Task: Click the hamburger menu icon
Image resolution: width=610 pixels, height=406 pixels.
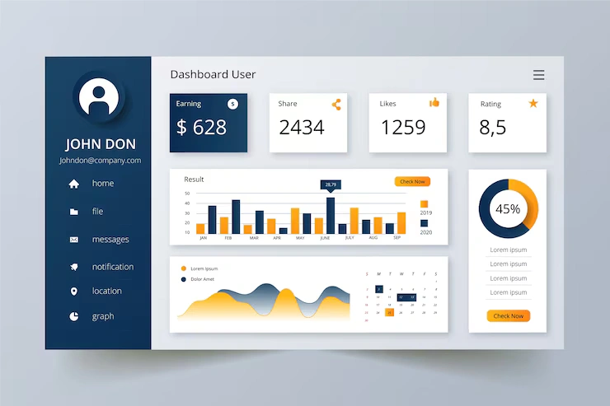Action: pos(538,75)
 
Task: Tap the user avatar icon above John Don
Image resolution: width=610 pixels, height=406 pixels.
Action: pos(99,97)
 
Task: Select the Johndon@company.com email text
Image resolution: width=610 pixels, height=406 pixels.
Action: pos(100,161)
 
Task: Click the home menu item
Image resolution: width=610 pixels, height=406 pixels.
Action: pos(102,184)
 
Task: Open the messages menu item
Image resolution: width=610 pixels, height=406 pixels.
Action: pos(110,240)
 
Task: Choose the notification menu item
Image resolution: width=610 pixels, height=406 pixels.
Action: pos(112,267)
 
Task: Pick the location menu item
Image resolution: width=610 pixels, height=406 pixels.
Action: pos(106,292)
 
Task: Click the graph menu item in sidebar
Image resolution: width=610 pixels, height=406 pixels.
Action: pos(102,316)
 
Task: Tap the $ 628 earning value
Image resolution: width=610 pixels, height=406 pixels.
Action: pos(201,127)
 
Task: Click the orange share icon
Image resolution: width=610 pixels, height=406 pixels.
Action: pos(336,105)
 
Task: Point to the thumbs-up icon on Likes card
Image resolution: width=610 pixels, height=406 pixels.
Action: pos(434,103)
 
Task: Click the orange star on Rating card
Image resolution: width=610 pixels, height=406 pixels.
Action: pos(533,104)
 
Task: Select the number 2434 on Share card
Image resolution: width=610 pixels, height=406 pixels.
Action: pos(302,128)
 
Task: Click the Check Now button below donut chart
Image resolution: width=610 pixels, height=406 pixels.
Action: pos(508,316)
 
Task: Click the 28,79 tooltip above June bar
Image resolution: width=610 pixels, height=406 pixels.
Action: pos(331,184)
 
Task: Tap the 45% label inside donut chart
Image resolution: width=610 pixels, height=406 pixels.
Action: pos(508,209)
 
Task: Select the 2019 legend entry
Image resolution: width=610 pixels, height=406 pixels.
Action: pos(425,212)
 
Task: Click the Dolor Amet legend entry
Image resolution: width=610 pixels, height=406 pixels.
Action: pos(203,280)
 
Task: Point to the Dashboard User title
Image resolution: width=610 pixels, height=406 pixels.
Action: pos(213,75)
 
